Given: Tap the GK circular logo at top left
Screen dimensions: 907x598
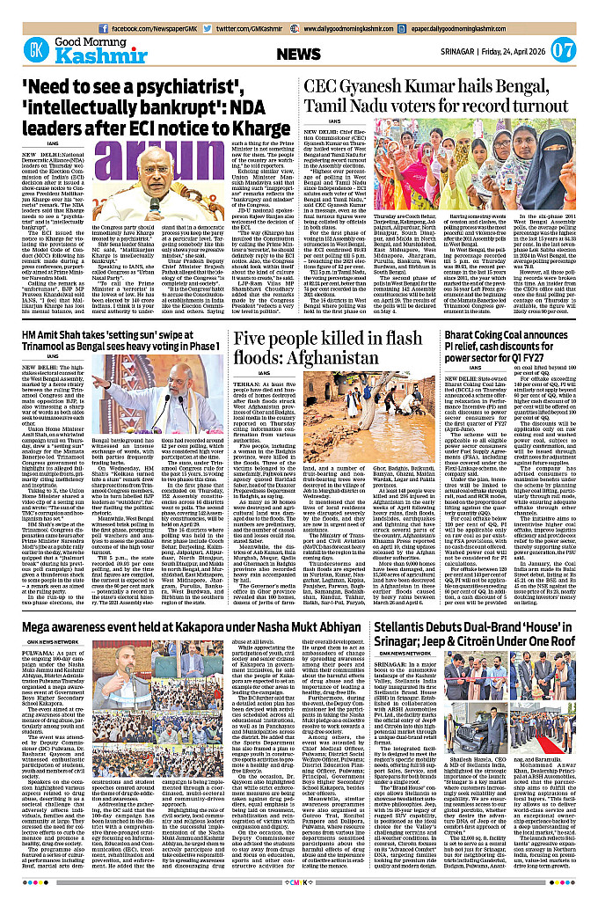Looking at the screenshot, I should click(x=35, y=51).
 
